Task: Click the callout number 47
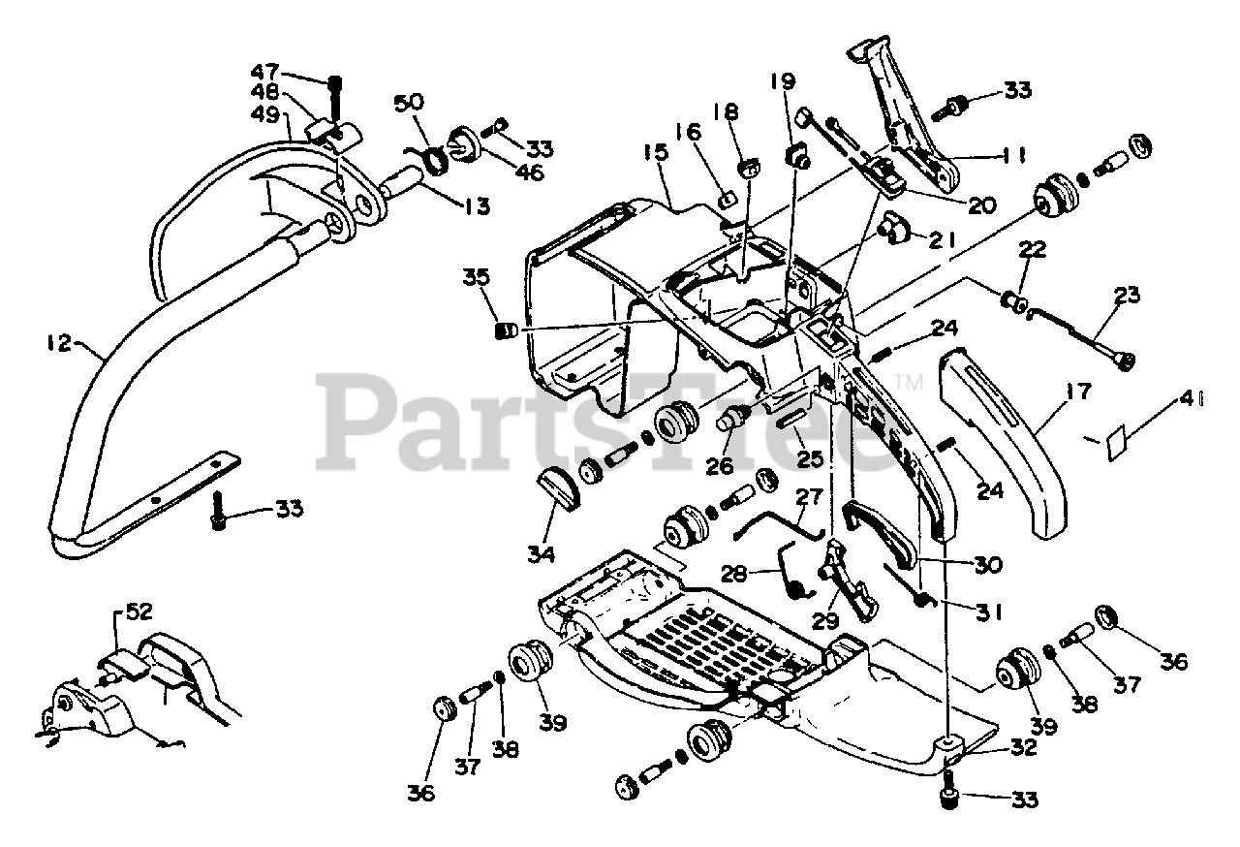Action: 265,72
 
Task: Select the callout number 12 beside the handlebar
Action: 60,342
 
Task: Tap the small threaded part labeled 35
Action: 505,330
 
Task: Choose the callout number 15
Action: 655,154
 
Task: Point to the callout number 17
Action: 1078,392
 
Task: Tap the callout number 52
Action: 139,612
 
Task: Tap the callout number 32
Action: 1021,748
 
